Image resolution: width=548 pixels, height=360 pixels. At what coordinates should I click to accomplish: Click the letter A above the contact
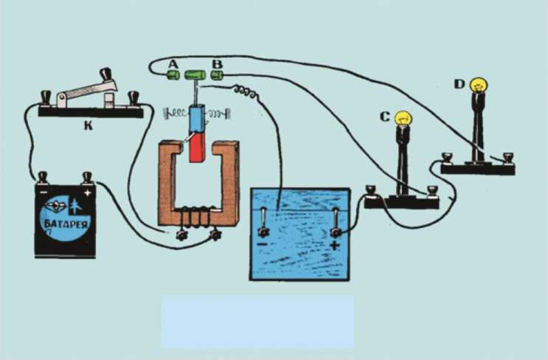[173, 64]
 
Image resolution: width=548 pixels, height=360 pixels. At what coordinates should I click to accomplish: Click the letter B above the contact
[217, 64]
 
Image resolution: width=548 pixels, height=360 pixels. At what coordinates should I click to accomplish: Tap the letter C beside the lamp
[384, 116]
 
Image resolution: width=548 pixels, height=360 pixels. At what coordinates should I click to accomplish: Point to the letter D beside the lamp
[459, 84]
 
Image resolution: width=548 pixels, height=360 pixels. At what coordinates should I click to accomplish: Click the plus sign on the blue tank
[336, 243]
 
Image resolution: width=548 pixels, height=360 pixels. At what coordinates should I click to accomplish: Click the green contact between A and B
[195, 74]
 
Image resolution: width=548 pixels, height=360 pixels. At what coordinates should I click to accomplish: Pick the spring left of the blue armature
[176, 115]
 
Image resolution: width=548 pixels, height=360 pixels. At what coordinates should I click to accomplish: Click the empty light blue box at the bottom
[257, 322]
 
